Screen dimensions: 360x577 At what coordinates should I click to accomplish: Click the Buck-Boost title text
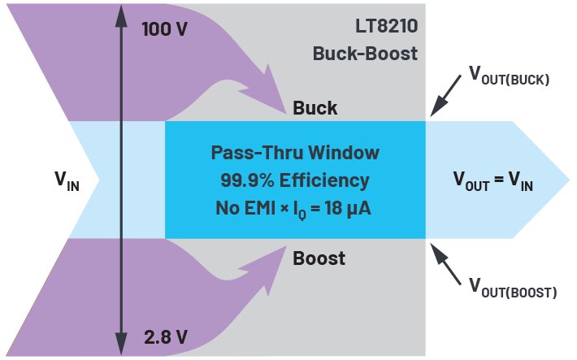[x=365, y=54]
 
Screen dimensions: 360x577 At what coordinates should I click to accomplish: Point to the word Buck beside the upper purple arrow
[x=315, y=108]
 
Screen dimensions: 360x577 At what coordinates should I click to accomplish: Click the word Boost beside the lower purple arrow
[x=319, y=258]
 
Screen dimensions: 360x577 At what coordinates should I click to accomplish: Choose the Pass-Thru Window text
[x=295, y=153]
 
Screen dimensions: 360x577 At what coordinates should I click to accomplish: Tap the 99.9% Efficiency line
[x=295, y=180]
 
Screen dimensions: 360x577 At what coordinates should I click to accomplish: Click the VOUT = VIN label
[x=492, y=182]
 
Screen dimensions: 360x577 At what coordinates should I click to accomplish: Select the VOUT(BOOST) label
[x=512, y=285]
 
